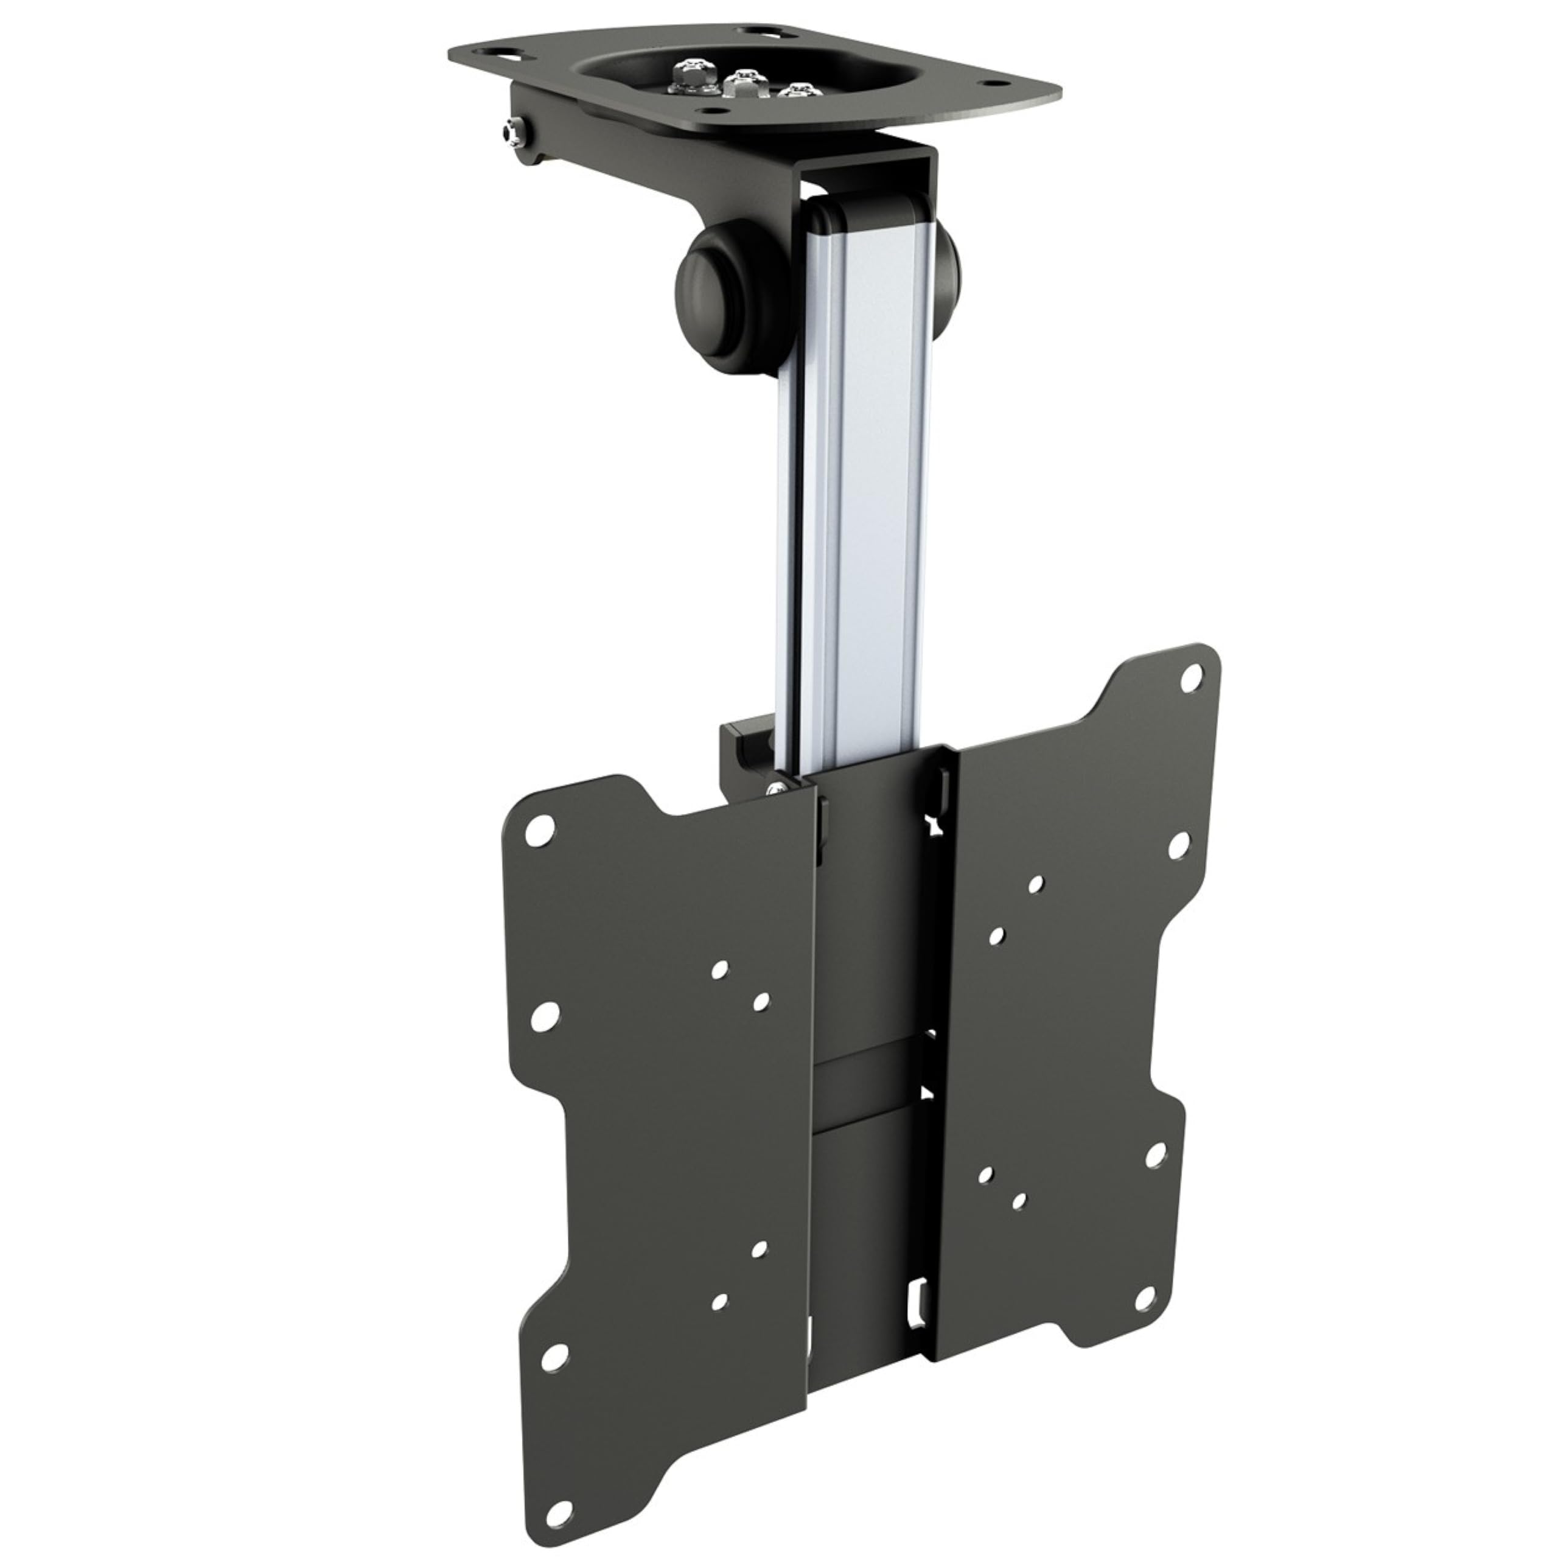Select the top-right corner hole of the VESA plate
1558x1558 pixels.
1189,680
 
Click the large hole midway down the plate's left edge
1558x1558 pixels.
546,1017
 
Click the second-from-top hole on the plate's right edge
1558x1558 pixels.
1176,846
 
